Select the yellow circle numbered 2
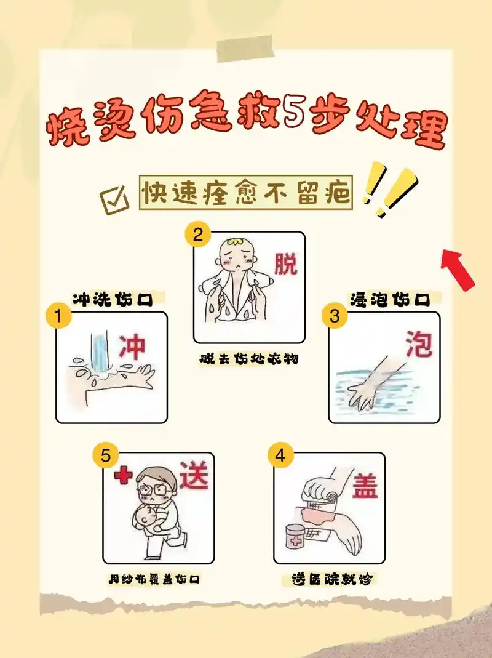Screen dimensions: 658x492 (198, 235)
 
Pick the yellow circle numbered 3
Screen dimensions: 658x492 (335, 316)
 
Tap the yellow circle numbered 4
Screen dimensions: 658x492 (280, 456)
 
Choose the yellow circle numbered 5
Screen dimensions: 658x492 (106, 456)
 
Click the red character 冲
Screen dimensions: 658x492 (132, 347)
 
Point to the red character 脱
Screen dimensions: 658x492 (285, 264)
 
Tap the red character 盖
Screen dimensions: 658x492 (365, 485)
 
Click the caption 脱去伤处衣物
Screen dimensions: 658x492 (248, 358)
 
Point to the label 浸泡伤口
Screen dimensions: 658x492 (389, 299)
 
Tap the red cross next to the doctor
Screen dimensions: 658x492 (123, 476)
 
